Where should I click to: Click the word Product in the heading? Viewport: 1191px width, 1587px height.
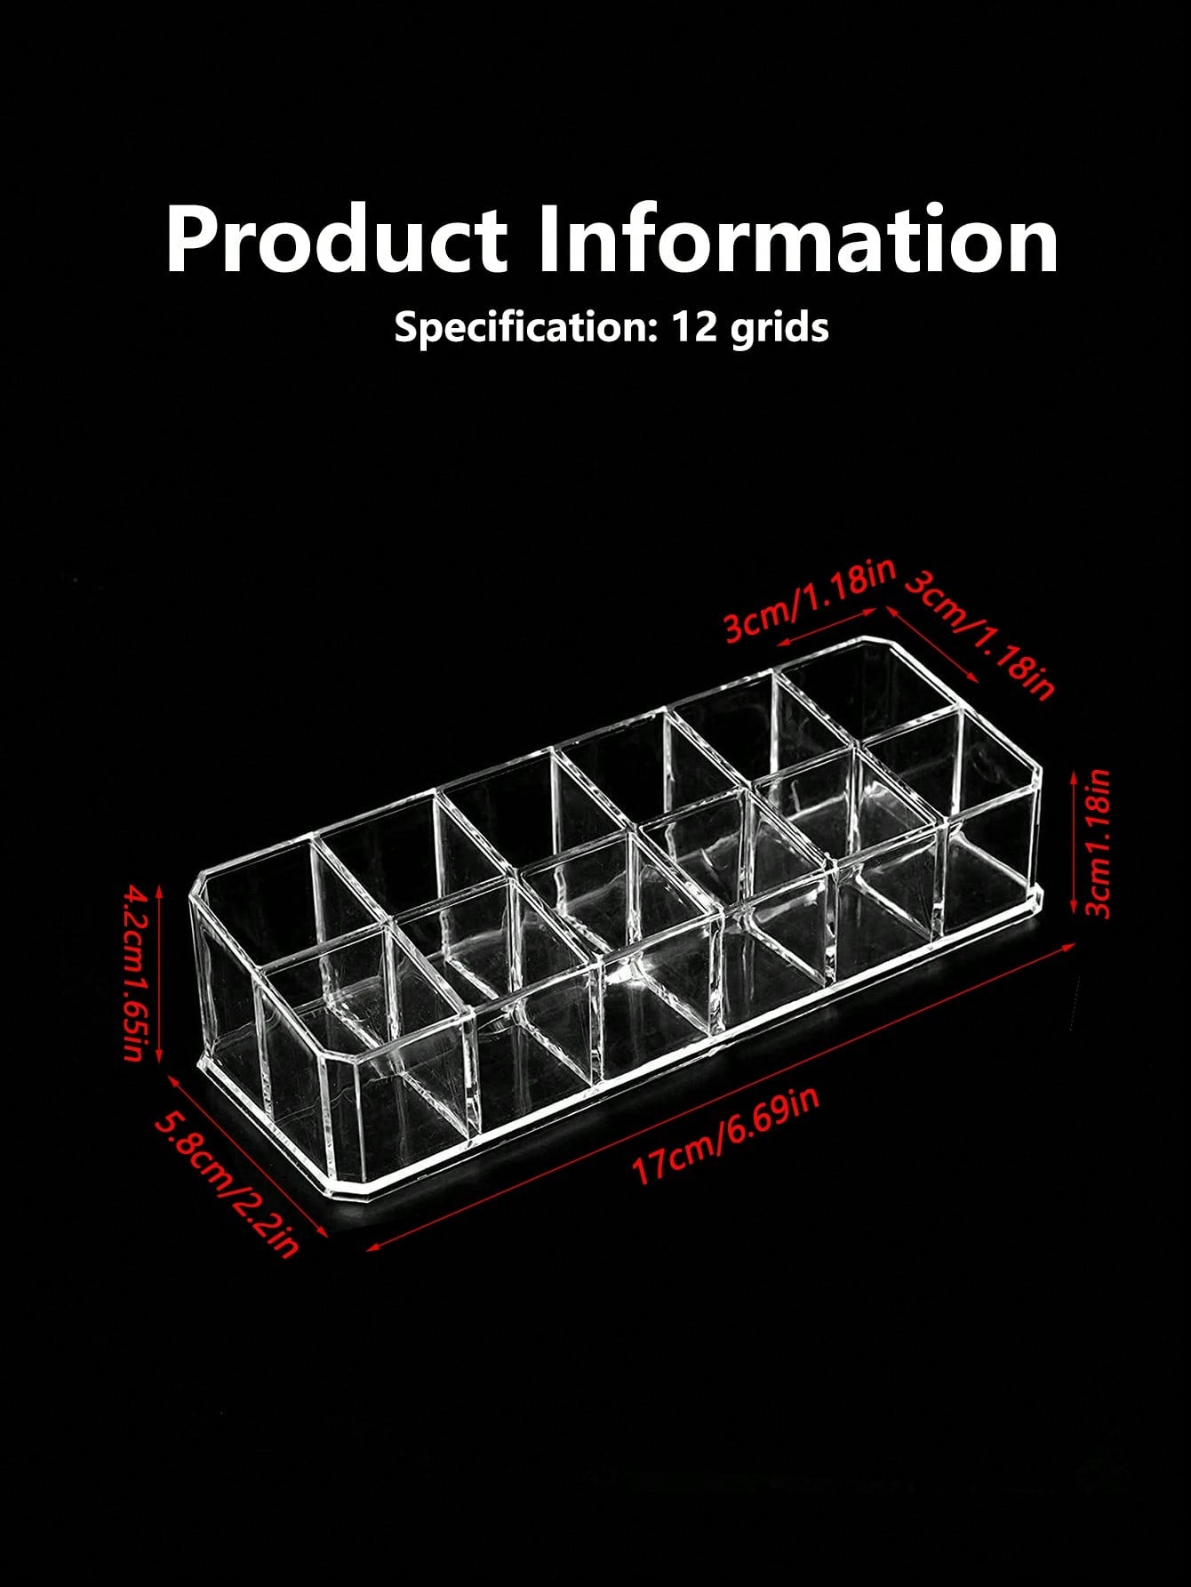click(x=336, y=239)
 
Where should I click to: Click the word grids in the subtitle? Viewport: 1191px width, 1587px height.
click(x=779, y=328)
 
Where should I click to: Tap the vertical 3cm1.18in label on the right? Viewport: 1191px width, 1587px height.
click(x=1099, y=843)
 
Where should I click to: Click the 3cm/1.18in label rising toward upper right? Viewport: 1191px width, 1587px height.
click(x=810, y=601)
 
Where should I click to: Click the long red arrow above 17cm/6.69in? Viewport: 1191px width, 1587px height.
click(x=722, y=1096)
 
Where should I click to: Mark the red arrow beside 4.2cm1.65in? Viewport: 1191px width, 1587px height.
click(x=159, y=974)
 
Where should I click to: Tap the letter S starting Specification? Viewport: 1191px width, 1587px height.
click(x=406, y=327)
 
